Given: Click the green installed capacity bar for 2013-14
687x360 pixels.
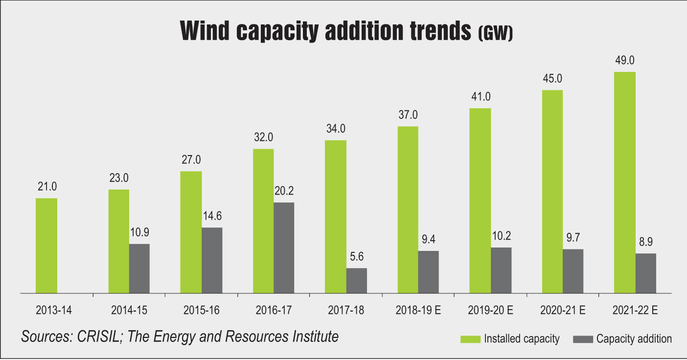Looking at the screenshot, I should click(x=46, y=246).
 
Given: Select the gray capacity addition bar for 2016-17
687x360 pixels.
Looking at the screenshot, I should click(x=284, y=247).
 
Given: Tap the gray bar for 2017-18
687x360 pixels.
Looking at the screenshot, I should click(x=356, y=280).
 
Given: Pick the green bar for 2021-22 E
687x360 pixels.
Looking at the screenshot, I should click(x=625, y=182).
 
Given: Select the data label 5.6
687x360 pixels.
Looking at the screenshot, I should click(x=356, y=257).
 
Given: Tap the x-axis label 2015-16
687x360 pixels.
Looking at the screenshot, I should click(x=201, y=310).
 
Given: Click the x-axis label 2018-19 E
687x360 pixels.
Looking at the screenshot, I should click(x=419, y=310).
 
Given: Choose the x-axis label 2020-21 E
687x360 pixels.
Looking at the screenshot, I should click(x=563, y=310).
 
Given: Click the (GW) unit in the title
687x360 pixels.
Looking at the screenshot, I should click(x=495, y=35).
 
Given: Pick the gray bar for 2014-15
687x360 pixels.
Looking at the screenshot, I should click(x=139, y=268).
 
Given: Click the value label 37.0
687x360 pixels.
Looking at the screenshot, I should click(x=408, y=115).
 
